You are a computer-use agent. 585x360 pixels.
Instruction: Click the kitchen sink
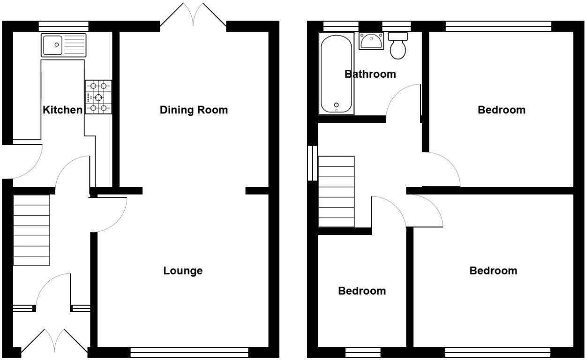point(63,45)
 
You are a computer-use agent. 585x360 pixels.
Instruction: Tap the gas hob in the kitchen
point(98,97)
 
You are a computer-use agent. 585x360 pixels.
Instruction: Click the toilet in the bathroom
point(398,46)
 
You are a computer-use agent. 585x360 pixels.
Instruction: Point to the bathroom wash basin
point(371,42)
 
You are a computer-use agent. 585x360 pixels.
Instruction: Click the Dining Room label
point(194,110)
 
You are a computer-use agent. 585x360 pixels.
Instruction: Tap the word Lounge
point(183,270)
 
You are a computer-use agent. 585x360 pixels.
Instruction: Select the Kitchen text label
point(62,110)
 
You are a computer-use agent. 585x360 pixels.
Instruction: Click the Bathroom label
point(370,74)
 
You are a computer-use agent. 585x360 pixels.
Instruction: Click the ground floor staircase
point(31,231)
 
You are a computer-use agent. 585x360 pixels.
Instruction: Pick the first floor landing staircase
point(336,191)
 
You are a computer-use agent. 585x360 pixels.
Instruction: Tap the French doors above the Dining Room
point(193,15)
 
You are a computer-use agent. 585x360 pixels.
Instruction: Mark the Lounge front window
point(189,352)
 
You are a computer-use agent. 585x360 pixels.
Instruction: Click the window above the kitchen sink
point(63,26)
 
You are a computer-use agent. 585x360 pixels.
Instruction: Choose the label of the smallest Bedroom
point(362,291)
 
